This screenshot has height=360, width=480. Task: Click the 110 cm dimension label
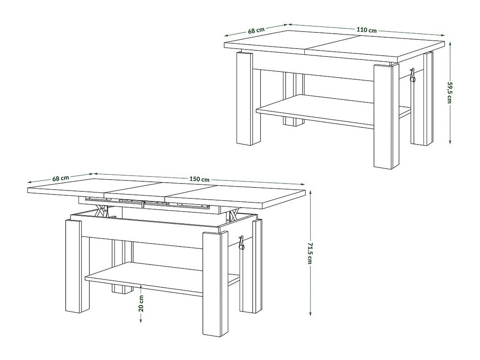(367, 30)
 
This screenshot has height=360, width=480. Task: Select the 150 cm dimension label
(199, 179)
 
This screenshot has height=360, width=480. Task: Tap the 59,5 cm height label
(449, 92)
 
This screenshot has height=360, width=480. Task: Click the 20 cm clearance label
(141, 303)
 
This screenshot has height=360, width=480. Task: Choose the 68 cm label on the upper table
(256, 31)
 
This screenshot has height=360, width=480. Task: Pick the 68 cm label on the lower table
(60, 178)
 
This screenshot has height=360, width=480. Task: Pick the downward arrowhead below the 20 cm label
(141, 320)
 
